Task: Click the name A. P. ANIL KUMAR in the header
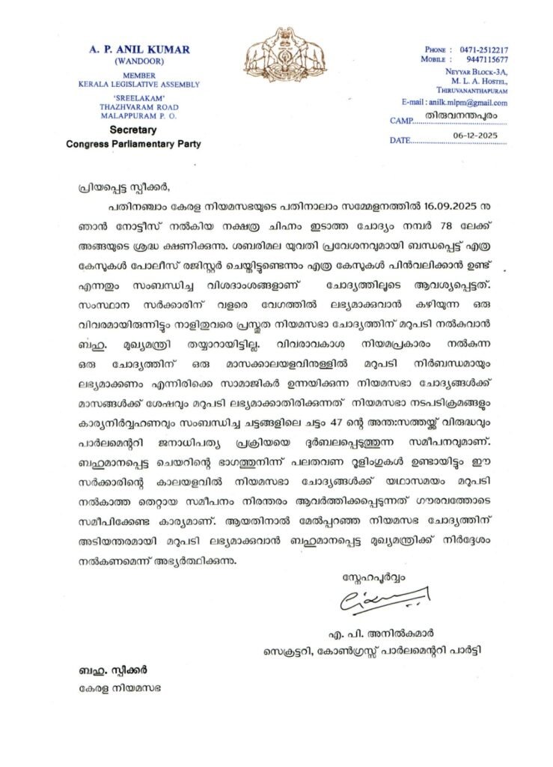139,49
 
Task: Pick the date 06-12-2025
474,136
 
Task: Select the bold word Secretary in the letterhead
139,130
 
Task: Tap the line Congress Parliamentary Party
139,143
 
